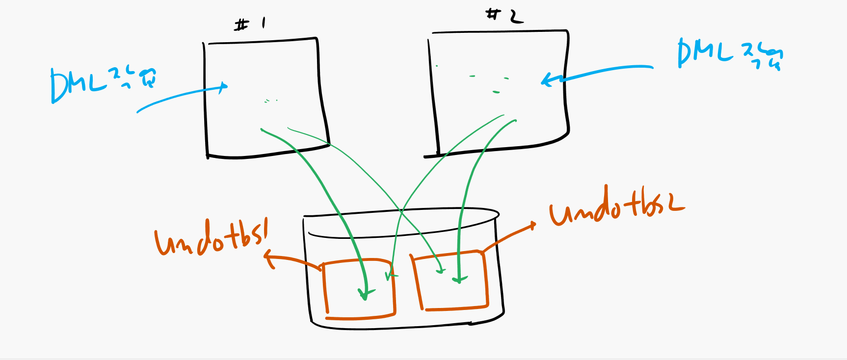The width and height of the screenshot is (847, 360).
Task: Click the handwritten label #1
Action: pos(249,24)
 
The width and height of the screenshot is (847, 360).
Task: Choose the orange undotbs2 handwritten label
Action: pos(616,208)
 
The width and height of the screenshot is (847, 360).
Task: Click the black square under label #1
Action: pos(265,98)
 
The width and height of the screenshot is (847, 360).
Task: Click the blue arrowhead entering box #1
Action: pos(224,87)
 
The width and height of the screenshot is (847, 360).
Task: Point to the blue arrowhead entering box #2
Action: pos(546,80)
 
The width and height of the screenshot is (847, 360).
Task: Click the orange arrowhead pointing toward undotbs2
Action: pos(532,225)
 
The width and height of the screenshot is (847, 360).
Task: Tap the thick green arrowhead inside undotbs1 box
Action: pos(365,295)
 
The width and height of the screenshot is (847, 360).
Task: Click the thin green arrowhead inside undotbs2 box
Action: pos(441,269)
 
